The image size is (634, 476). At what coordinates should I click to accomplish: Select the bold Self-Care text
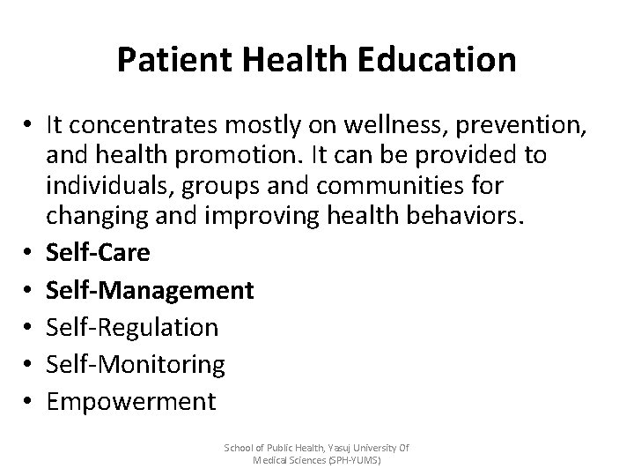coord(99,252)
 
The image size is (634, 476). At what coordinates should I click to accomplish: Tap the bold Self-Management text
coord(151,289)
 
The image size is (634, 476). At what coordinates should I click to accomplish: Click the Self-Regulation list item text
coord(132,327)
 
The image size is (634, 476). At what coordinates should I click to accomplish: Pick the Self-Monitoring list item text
coord(136,364)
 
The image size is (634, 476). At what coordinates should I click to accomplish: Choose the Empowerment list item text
coord(130,402)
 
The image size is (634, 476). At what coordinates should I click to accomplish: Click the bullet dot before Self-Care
coord(28,253)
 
